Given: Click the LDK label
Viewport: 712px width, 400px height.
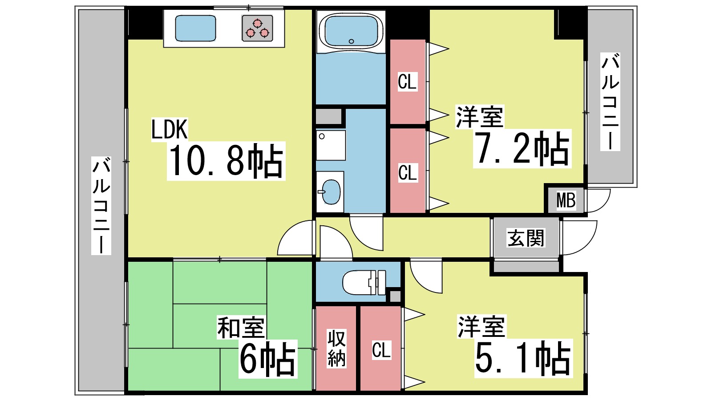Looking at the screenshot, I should click(169, 129).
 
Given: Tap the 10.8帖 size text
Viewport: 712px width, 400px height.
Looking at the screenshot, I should click(226, 161).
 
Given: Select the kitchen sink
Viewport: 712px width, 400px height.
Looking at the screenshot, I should click(195, 28).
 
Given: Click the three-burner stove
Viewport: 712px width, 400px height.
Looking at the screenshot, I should click(257, 28).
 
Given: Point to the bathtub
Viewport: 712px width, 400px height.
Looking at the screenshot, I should click(351, 30).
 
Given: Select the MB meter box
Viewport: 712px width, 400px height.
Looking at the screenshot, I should click(566, 200).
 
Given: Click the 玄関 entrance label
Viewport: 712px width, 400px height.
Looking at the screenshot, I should click(526, 238).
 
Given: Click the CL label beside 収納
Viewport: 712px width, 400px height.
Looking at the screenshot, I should click(381, 350).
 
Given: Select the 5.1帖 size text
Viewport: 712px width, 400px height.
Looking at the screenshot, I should click(522, 358).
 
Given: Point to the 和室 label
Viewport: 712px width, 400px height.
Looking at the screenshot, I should click(241, 328).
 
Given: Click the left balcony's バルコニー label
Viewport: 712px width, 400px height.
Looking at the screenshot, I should click(101, 205).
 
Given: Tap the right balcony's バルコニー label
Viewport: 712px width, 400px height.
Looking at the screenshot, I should click(610, 102).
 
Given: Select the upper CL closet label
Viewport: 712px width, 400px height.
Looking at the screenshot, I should click(407, 82).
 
